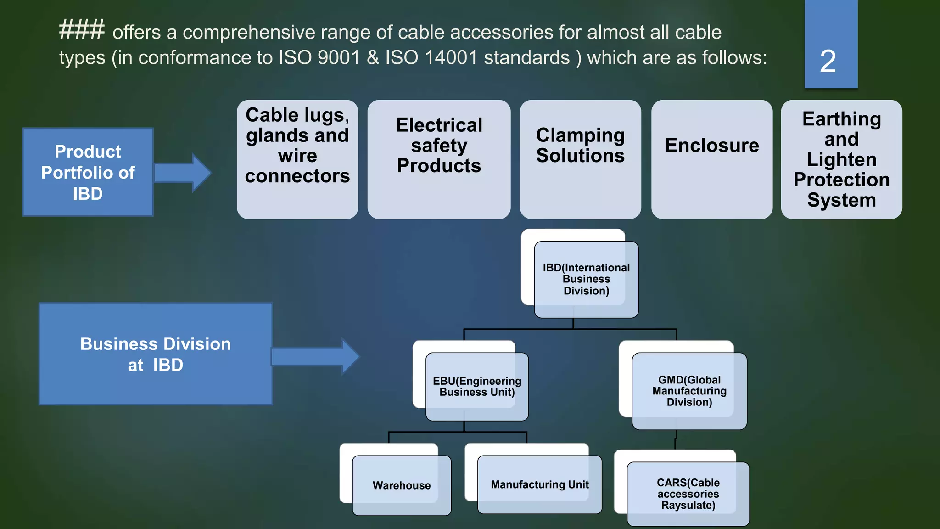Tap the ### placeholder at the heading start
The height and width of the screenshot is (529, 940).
(x=82, y=30)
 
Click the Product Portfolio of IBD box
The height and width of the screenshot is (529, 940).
(x=88, y=172)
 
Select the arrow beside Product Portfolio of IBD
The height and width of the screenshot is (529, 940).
(x=183, y=173)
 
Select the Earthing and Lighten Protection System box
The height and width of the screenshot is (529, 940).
(x=841, y=159)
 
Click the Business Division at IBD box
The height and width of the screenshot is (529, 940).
(x=156, y=354)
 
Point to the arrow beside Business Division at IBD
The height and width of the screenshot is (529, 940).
(x=315, y=356)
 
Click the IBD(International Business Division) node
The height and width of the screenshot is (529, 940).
(x=586, y=279)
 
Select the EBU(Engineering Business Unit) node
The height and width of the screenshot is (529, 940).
(x=477, y=387)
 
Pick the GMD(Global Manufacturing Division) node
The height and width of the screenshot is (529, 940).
(x=689, y=391)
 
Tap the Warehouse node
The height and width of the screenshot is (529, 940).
(x=402, y=485)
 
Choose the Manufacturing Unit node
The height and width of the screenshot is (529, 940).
(x=539, y=484)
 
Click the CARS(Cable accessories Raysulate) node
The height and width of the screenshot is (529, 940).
(x=688, y=494)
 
